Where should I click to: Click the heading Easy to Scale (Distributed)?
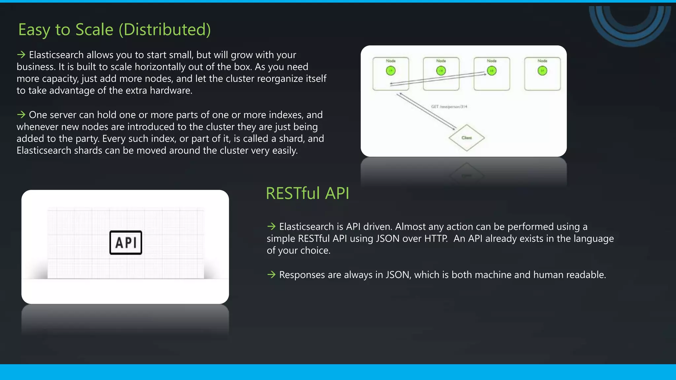114,30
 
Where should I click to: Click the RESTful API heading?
307,193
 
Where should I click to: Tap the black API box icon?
126,243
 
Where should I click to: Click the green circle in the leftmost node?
390,71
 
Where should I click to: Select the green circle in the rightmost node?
542,71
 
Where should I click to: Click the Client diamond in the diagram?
466,138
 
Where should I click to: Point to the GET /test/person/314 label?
449,107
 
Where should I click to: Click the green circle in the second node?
441,71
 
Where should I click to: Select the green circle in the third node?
491,71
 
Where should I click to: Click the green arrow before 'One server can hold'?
21,115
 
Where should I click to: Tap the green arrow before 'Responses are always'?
271,274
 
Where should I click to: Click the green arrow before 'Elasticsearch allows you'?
21,55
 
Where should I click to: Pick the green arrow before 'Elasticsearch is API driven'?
271,226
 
